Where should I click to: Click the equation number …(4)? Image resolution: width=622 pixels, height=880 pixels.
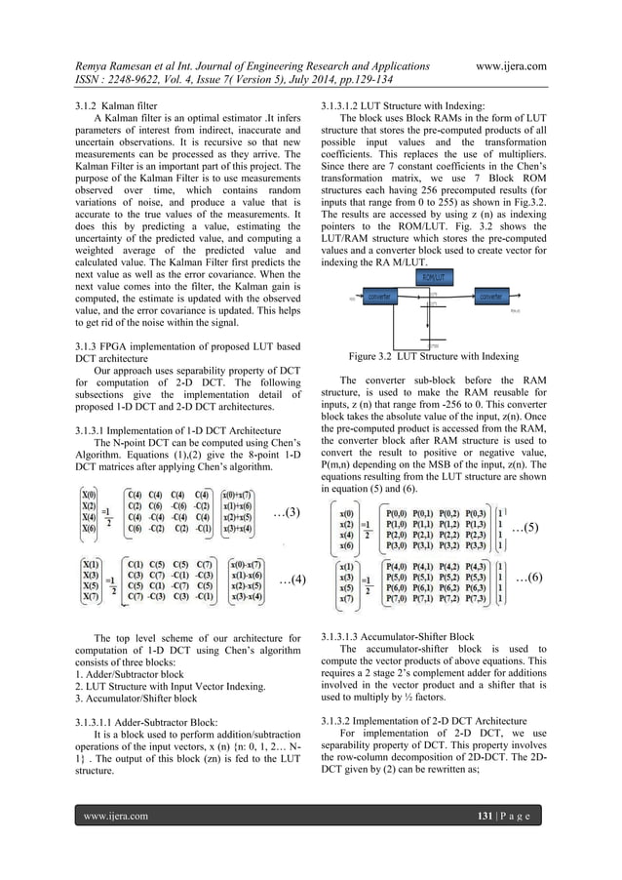pos(292,580)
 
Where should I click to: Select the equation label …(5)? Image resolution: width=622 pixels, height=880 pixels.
pos(527,528)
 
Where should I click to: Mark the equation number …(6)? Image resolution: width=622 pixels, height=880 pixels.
pos(527,578)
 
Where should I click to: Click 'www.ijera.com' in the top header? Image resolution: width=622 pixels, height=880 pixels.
pos(509,69)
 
